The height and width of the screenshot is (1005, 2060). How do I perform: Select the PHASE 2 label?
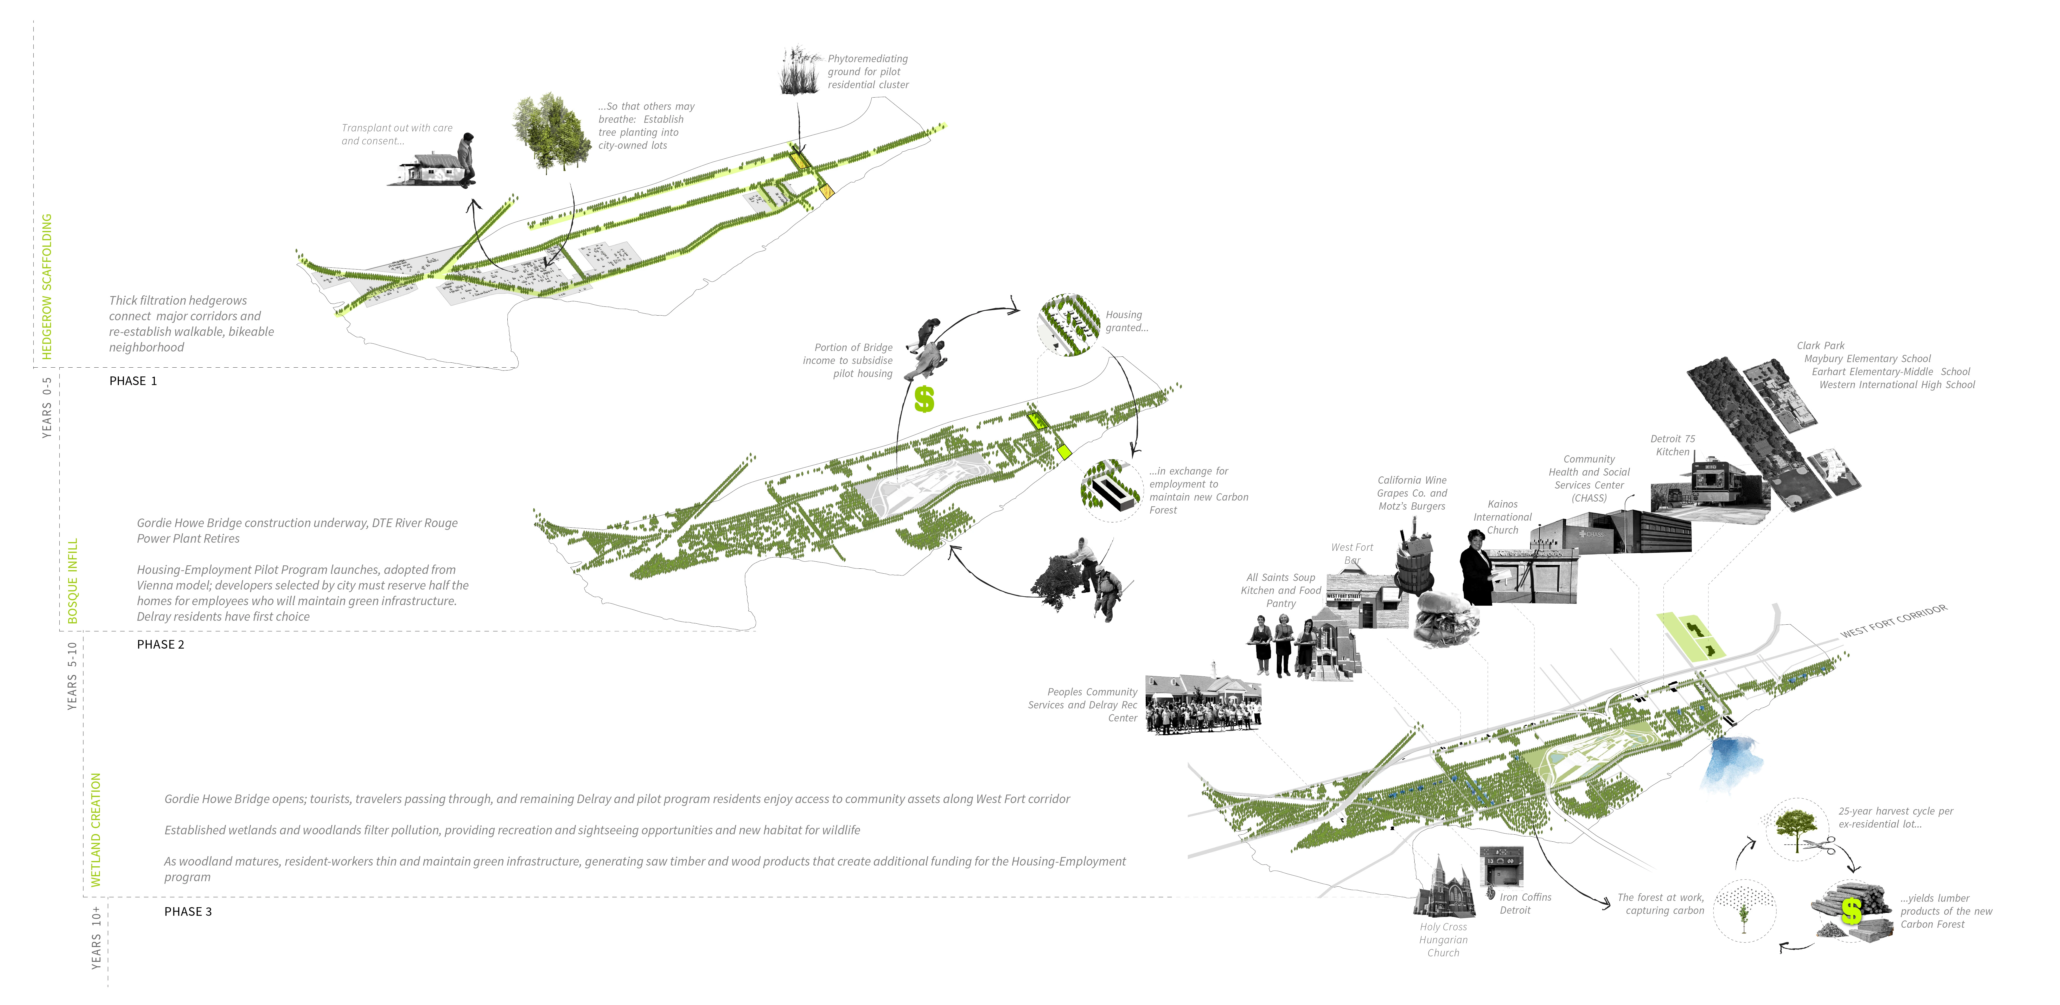(160, 644)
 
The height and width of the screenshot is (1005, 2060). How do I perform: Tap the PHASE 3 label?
(188, 911)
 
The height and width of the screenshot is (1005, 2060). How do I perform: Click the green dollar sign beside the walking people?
(924, 399)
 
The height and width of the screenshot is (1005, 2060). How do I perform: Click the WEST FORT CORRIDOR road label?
(1894, 621)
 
